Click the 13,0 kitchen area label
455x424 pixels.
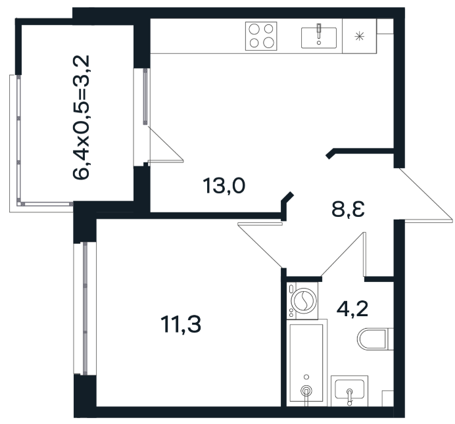(224, 185)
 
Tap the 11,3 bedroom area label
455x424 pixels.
(181, 324)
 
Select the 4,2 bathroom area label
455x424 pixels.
(352, 309)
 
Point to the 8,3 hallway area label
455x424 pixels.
(348, 209)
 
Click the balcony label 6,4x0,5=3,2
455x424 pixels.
(82, 117)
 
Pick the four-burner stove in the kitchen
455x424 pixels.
(261, 36)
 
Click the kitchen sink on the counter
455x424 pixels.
(319, 37)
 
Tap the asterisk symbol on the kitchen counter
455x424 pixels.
(359, 36)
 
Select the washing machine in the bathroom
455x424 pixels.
(302, 300)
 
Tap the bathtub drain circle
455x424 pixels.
(306, 390)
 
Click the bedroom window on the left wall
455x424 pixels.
(85, 308)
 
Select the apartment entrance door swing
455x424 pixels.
(423, 195)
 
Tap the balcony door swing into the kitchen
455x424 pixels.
(166, 143)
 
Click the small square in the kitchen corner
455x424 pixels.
(385, 26)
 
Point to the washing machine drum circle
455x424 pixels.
(304, 300)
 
